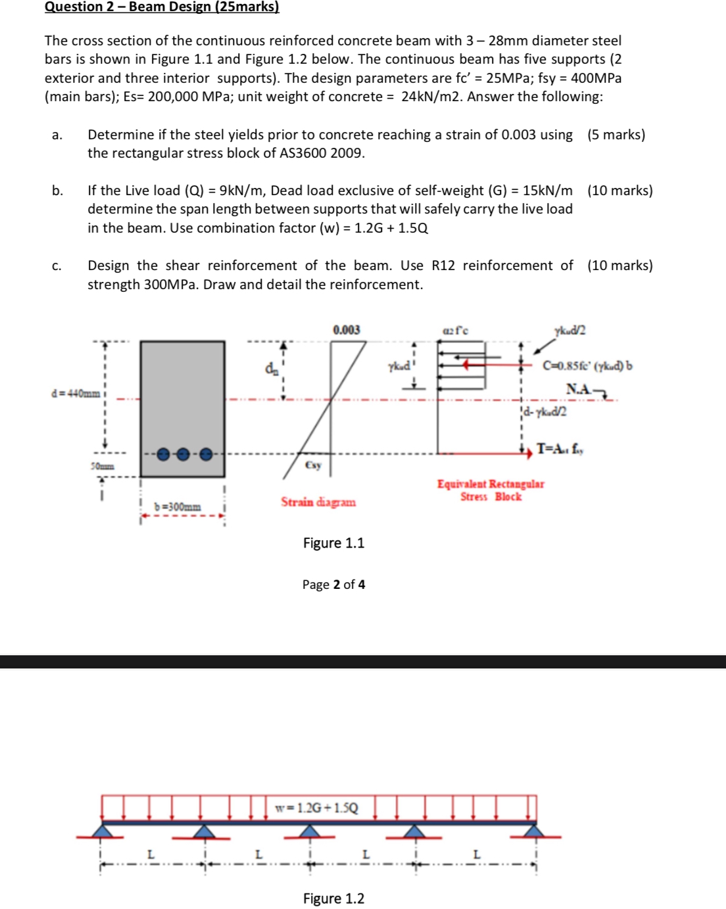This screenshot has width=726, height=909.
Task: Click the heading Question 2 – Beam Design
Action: coord(162,7)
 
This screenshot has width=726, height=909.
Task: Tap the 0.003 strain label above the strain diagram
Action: coord(347,329)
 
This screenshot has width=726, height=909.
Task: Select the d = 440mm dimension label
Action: coord(76,394)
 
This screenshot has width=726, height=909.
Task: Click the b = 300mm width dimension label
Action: coord(178,507)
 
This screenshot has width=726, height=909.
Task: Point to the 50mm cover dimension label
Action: coord(102,466)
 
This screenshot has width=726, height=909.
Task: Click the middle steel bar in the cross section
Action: coord(183,454)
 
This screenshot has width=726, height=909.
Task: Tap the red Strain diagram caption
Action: coord(318,502)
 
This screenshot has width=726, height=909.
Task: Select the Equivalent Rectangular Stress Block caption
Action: coord(491,490)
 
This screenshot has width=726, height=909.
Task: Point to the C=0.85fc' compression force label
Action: coord(587,366)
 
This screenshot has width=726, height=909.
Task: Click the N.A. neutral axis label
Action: coord(579,389)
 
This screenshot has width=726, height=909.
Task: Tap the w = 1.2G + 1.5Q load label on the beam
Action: coord(317,807)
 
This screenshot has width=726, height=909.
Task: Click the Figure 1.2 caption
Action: coord(333,898)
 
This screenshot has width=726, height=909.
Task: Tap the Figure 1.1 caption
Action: coord(333,543)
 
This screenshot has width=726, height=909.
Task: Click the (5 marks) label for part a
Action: coord(616,135)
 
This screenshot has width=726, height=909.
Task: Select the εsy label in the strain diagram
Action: coord(313,465)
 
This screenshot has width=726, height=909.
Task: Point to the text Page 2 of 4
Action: coord(333,584)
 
